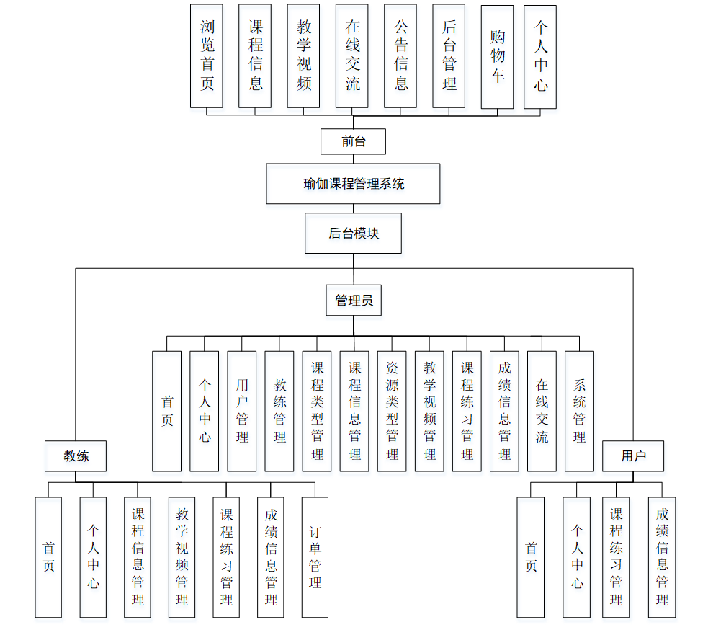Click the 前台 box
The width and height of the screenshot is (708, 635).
point(353,141)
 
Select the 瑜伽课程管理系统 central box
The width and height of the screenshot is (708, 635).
point(353,184)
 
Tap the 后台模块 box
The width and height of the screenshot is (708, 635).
point(353,233)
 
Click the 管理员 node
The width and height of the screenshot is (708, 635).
point(354,301)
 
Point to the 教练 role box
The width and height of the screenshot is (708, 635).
point(76,456)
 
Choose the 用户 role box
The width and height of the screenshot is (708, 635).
point(633,456)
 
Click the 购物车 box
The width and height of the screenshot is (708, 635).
point(497,57)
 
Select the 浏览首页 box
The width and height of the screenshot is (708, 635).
point(207,56)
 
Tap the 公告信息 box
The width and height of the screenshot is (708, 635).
point(400,56)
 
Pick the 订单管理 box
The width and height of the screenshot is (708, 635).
point(315,556)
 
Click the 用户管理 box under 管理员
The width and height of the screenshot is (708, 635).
point(242,411)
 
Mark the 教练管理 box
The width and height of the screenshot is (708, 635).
point(279,411)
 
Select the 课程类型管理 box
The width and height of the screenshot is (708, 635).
point(317,411)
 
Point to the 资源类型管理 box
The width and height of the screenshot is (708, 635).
point(392,411)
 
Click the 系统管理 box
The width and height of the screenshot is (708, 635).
point(579,411)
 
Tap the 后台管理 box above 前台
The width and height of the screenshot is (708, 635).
point(449,56)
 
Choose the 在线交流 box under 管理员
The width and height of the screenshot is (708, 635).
point(542,411)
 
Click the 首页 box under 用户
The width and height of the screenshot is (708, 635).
point(531,556)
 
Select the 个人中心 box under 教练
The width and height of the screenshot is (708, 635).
point(93,556)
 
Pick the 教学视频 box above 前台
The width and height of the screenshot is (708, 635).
point(303,56)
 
